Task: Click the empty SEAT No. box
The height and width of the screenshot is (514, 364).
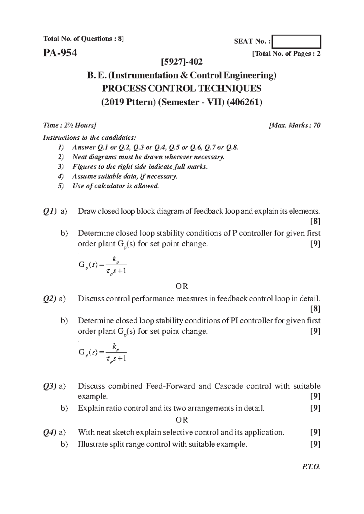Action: tap(297, 42)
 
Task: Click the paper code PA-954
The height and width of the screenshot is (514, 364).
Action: tap(60, 53)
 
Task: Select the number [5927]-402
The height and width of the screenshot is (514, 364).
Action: tap(182, 62)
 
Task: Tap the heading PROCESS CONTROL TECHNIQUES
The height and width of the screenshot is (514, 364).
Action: tap(182, 88)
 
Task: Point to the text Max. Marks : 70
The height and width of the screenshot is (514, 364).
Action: tap(295, 125)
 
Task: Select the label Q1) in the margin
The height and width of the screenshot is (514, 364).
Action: tap(50, 211)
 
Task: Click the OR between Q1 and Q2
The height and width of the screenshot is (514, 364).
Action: tap(182, 286)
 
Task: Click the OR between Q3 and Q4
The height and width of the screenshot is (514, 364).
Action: tap(182, 420)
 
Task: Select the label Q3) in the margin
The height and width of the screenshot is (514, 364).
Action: tap(50, 386)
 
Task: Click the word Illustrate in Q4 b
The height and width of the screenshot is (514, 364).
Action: tap(92, 444)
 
